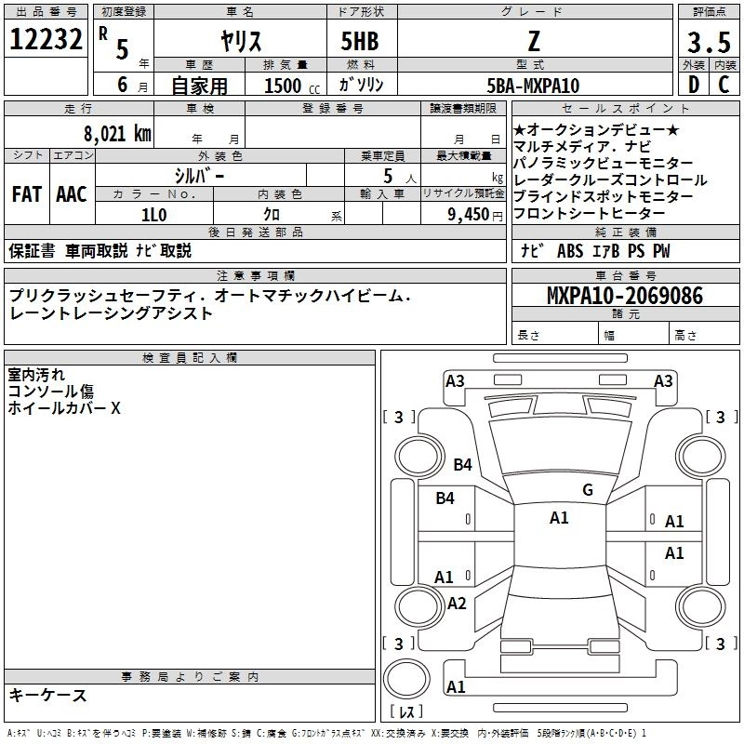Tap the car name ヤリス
tap(239, 40)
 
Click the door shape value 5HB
tap(360, 40)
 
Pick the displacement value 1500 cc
tap(285, 86)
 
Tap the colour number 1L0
tap(153, 213)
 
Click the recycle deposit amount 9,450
tap(471, 213)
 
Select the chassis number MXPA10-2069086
tap(625, 296)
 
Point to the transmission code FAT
tap(26, 194)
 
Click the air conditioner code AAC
tap(71, 194)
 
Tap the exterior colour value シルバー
tap(199, 175)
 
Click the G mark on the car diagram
tap(588, 490)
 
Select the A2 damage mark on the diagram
tap(457, 604)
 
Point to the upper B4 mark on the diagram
tap(463, 464)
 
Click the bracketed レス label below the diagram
tap(406, 712)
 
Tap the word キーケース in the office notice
tap(47, 696)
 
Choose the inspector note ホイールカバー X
tap(64, 407)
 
